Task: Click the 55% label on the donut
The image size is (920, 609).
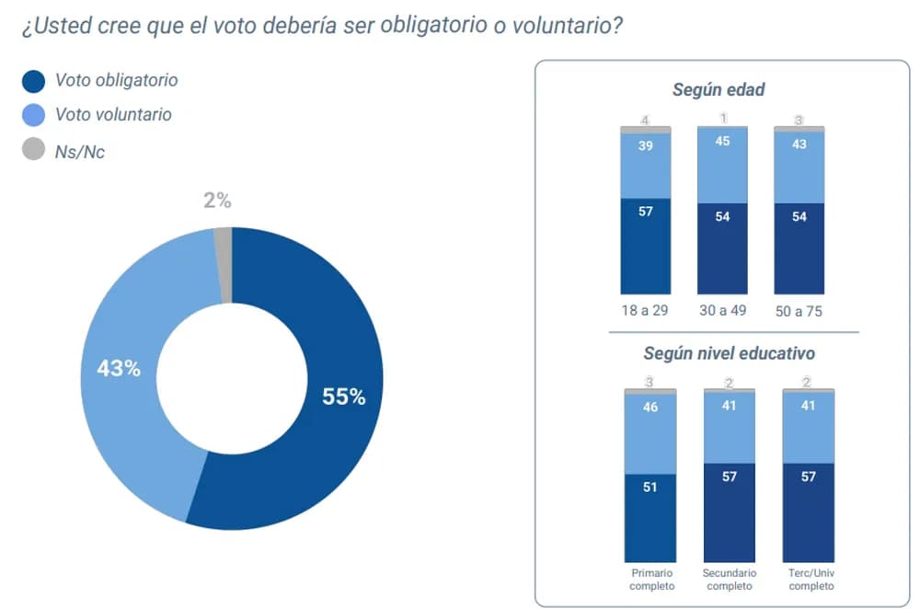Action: tap(343, 396)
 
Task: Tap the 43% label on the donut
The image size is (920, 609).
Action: tap(119, 369)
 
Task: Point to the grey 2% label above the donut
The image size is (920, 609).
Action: tap(217, 200)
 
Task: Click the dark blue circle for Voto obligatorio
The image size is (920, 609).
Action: tap(33, 82)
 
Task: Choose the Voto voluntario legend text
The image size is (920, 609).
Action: tap(113, 115)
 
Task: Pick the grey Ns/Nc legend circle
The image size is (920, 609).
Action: tap(33, 150)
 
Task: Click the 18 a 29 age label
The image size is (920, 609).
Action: tap(645, 310)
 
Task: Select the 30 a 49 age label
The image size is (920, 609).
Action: tap(722, 310)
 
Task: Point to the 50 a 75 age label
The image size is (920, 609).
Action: tap(799, 311)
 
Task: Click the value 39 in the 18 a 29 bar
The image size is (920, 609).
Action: tap(646, 145)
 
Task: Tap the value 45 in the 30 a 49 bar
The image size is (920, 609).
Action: tap(722, 141)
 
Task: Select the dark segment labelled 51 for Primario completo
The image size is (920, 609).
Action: tap(650, 516)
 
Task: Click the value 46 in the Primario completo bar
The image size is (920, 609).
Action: tap(650, 408)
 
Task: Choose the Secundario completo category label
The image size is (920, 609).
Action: tap(729, 579)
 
